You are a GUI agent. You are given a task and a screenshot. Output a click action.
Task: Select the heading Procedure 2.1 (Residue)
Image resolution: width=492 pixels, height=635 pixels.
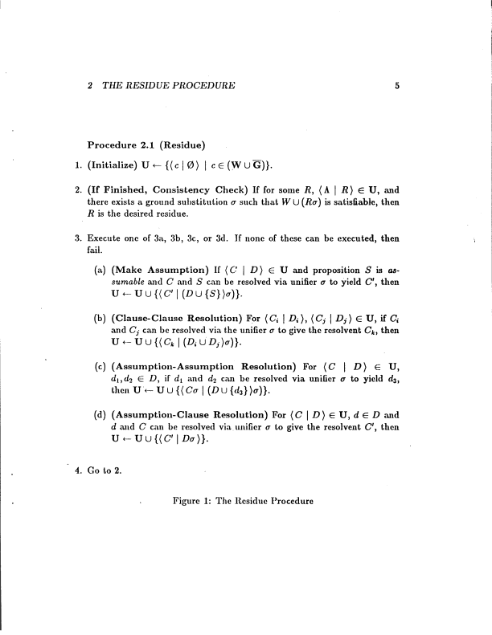(x=147, y=145)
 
